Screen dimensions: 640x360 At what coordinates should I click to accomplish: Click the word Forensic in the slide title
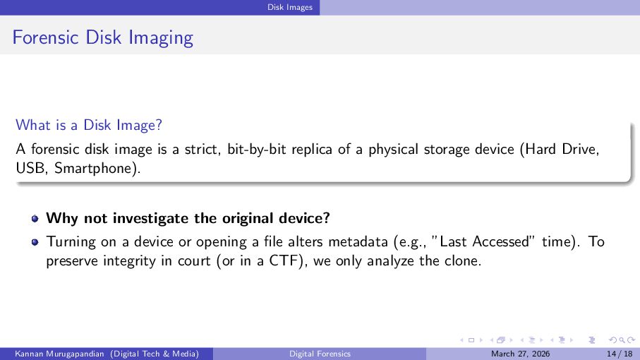(x=45, y=37)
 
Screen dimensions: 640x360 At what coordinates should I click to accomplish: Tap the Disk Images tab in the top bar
(x=290, y=7)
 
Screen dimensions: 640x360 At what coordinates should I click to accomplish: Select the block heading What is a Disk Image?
(x=89, y=125)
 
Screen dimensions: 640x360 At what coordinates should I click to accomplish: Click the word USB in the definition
(x=30, y=168)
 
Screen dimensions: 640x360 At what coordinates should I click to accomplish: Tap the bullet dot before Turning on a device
(x=35, y=242)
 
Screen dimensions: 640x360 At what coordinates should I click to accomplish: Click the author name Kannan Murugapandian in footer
(x=59, y=354)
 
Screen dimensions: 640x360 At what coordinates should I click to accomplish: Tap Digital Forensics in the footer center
(x=320, y=354)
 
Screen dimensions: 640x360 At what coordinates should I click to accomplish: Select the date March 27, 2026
(x=521, y=354)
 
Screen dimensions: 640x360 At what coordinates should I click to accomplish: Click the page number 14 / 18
(x=620, y=354)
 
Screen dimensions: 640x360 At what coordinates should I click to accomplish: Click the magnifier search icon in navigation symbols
(x=622, y=340)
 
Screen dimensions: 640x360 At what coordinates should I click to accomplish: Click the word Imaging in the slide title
(x=161, y=38)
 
